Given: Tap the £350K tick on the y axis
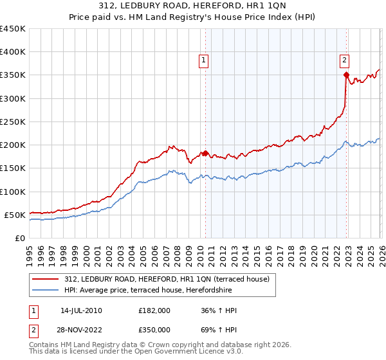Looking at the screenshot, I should [13, 75].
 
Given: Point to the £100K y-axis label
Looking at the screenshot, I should [13, 192].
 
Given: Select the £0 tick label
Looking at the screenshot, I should [19, 238].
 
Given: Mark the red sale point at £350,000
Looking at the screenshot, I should [346, 75].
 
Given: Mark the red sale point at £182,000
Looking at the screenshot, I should [205, 153].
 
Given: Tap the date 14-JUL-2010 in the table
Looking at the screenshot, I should [79, 310].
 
